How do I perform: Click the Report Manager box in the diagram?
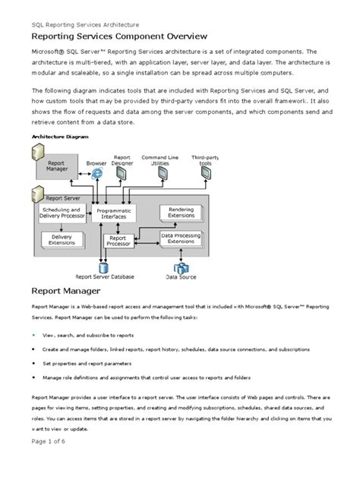[x=59, y=166]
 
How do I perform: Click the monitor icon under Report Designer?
[x=122, y=174]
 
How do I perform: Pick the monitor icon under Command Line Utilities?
[x=162, y=174]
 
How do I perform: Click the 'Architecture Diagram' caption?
[x=59, y=137]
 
